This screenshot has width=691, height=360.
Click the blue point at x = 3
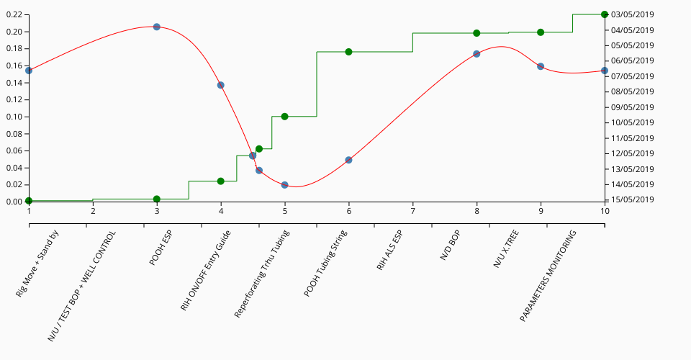(157, 27)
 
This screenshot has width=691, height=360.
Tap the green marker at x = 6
(348, 52)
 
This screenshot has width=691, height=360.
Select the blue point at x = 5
(284, 185)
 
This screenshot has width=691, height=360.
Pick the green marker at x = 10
(605, 14)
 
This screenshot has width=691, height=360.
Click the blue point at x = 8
(477, 54)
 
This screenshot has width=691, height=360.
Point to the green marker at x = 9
(541, 32)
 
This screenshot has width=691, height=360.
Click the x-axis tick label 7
(412, 211)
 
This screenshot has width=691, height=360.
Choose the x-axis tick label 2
(93, 211)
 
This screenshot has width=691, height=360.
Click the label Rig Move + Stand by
(37, 264)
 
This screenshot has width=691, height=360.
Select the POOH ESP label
(161, 248)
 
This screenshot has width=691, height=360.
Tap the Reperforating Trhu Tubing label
(262, 274)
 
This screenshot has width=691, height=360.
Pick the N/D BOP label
(449, 249)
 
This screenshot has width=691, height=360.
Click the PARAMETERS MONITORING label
(548, 275)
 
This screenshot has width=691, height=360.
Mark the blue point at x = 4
(221, 85)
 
